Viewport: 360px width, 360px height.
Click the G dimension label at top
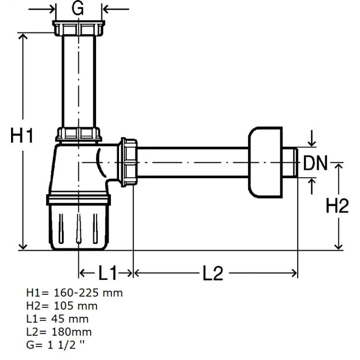pos(78,9)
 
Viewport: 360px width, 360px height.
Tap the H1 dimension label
pos(22,135)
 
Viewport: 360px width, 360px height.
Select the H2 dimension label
pos(337,206)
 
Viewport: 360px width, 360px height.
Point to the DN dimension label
pos(315,163)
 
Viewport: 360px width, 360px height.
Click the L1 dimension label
pos(108,273)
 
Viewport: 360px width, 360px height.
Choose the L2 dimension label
pos(213,273)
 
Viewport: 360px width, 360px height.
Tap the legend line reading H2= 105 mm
pos(62,306)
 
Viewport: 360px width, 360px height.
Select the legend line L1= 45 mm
pos(58,319)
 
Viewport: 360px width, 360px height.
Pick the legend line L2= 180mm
pos(59,332)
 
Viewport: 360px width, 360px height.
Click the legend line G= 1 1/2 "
pos(55,345)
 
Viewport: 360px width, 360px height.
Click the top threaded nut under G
pos(79,28)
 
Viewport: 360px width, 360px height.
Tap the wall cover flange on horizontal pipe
pos(265,162)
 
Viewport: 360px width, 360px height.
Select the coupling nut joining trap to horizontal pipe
pos(127,162)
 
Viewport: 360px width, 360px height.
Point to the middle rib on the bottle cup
pos(79,228)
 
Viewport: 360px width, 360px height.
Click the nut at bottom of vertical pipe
pos(79,134)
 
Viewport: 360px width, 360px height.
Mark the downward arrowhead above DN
pos(312,143)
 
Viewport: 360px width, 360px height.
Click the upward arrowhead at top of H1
pos(23,37)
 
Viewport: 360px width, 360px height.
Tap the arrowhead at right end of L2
pos(294,273)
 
